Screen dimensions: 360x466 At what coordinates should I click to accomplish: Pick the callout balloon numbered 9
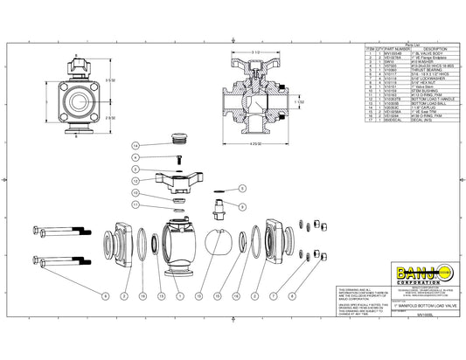tap(136, 156)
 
